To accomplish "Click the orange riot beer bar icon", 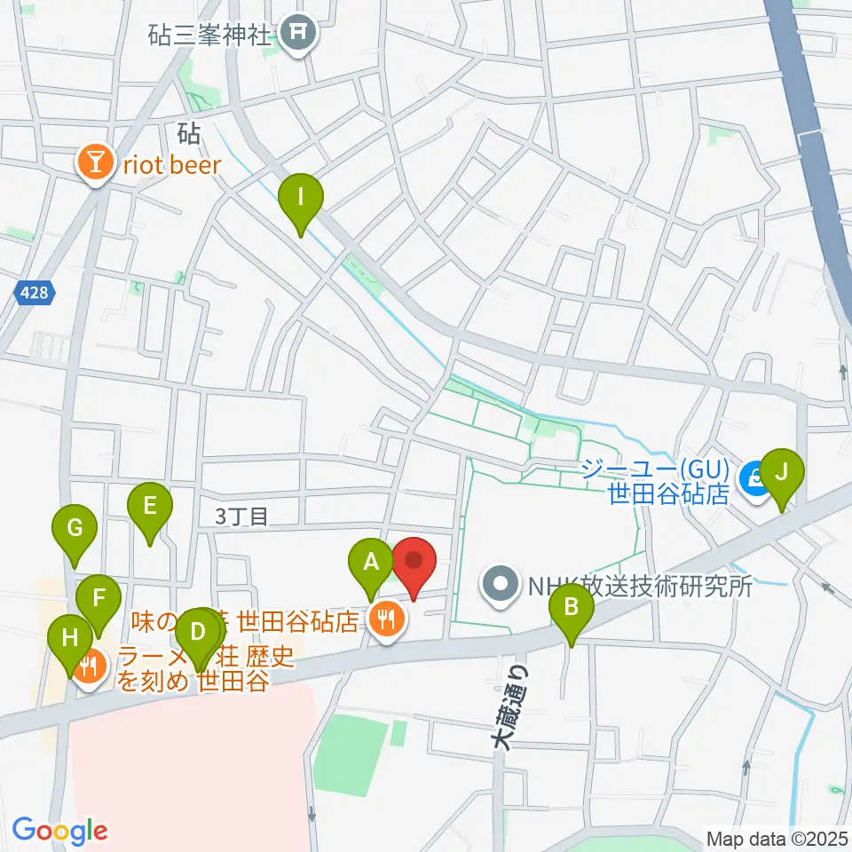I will [93, 163].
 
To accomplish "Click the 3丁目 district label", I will [242, 517].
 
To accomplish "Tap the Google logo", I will [60, 830].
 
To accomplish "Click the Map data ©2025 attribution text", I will [777, 837].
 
